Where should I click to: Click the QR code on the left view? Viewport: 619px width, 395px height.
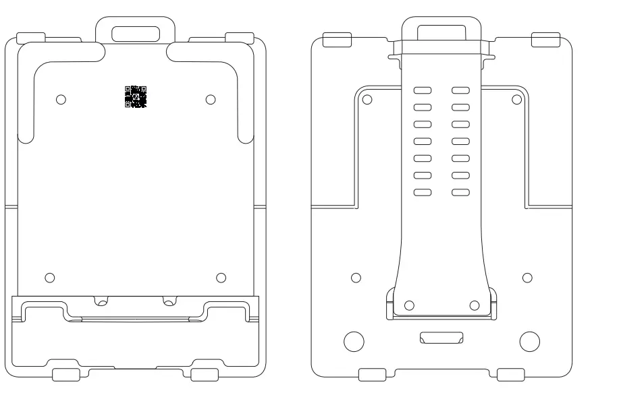136,97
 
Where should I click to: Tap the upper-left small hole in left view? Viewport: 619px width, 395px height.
61,99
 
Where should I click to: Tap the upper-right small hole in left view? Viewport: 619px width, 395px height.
211,99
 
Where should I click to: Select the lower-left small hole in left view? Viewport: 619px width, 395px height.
49,278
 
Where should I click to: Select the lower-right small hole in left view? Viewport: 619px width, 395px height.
221,278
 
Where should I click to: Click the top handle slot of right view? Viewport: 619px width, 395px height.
441,33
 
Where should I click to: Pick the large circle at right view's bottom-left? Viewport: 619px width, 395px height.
354,341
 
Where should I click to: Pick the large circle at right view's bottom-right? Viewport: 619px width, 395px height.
529,341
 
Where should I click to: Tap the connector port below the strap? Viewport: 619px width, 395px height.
441,337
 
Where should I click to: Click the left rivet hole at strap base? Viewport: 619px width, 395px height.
409,305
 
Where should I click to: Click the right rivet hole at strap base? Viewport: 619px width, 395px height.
474,305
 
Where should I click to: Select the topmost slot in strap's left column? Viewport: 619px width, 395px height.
423,90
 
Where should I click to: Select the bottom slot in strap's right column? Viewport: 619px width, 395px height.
460,192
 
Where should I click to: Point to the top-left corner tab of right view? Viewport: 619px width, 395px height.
338,40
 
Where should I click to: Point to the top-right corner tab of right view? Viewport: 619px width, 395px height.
545,40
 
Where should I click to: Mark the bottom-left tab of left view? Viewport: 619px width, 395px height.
66,375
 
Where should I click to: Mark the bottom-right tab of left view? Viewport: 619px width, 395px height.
205,375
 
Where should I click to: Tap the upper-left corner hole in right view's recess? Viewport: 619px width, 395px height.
367,99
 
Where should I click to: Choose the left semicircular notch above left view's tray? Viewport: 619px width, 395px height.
101,301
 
